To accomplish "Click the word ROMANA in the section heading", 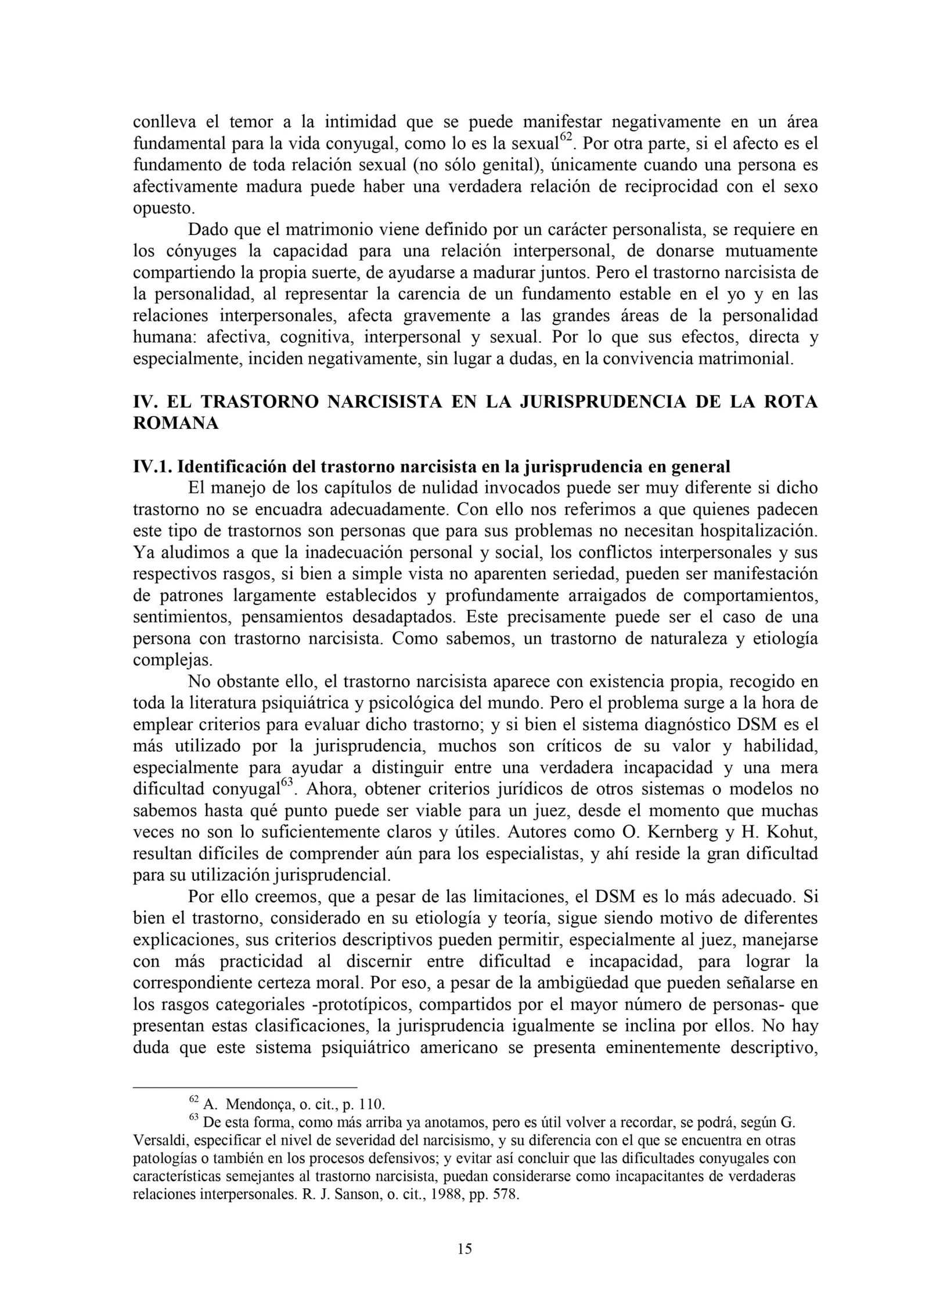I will click(176, 424).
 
